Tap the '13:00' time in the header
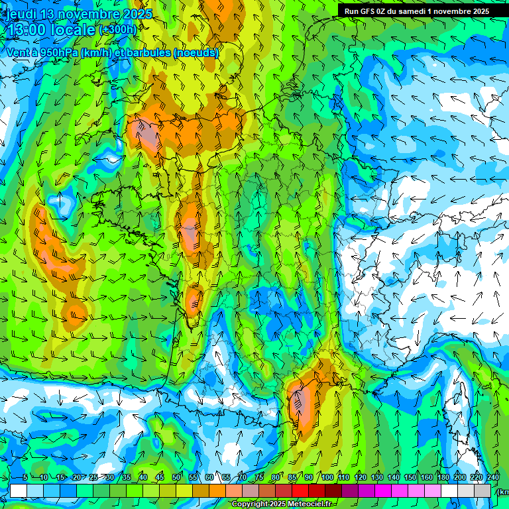(x=26, y=29)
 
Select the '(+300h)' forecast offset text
(x=117, y=29)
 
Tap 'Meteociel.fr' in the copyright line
(x=310, y=504)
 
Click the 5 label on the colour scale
(x=25, y=477)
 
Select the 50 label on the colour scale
(x=176, y=477)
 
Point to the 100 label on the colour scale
(x=327, y=477)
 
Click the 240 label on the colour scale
(x=492, y=477)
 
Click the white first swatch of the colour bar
(x=19, y=490)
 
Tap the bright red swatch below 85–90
(x=301, y=490)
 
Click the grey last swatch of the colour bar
(x=483, y=490)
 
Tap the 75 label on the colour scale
(x=259, y=477)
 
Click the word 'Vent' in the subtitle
(x=19, y=53)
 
